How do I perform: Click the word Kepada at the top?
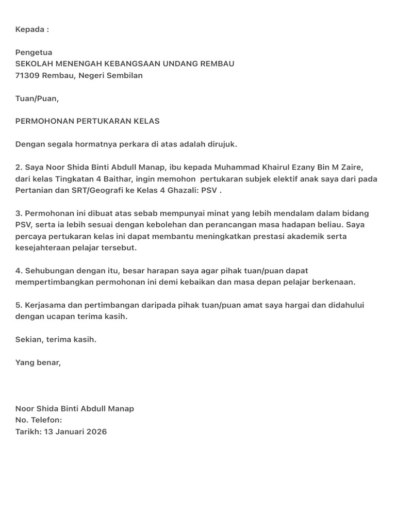30,29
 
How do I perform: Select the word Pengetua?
34,53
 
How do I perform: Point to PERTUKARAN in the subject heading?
101,121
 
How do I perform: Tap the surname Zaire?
351,167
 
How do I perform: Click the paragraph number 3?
18,213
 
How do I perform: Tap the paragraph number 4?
18,270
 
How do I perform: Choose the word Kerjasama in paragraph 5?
45,305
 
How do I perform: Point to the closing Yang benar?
38,362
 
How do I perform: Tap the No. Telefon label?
39,420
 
